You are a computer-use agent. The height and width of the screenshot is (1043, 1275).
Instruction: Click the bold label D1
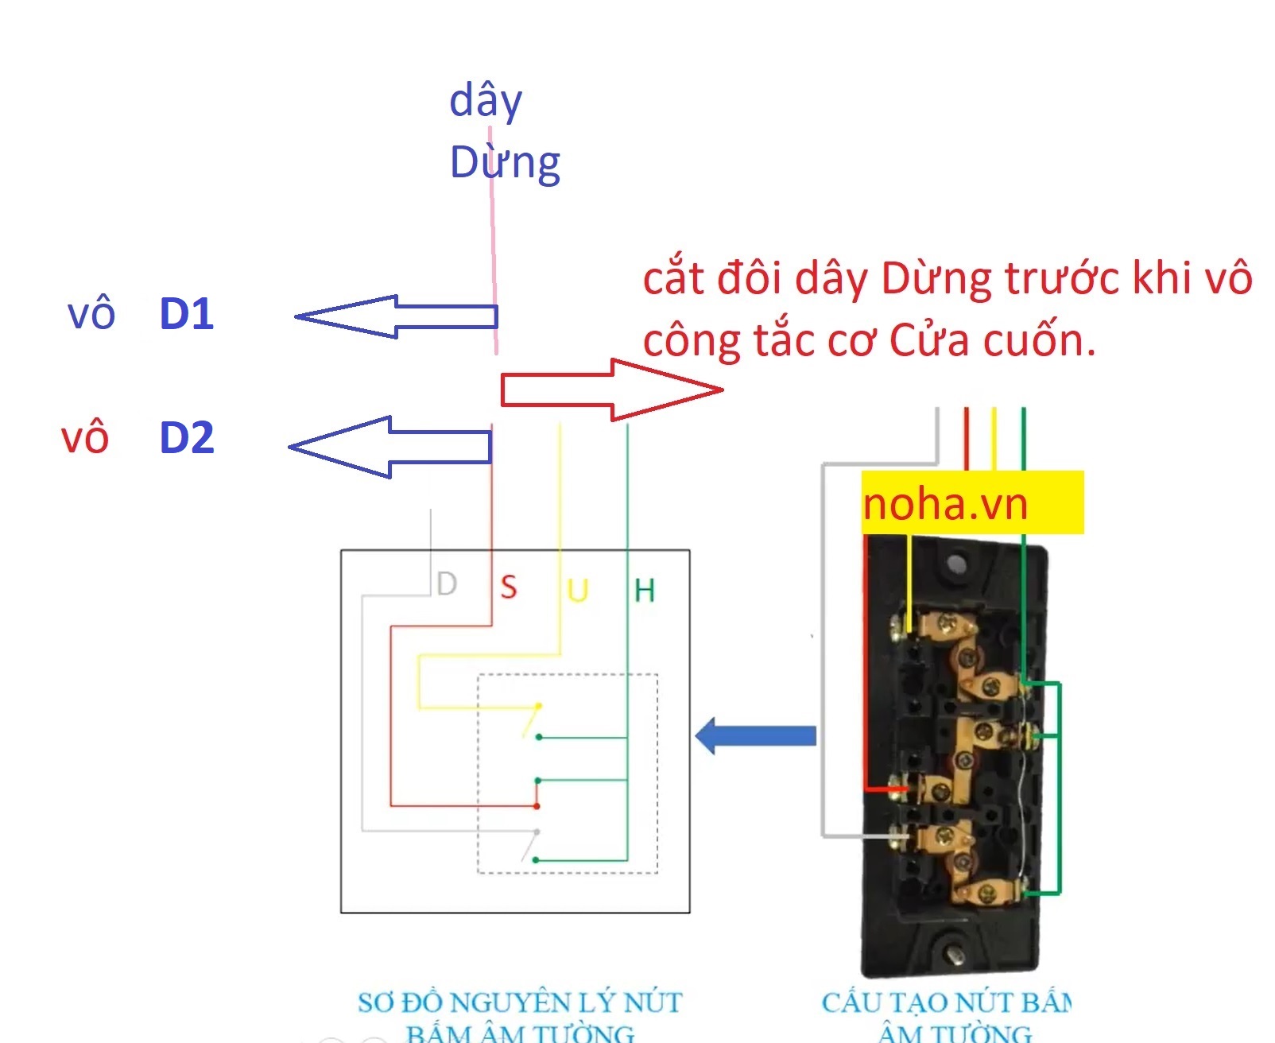(x=187, y=314)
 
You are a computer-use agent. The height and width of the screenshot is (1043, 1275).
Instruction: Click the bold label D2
(x=187, y=438)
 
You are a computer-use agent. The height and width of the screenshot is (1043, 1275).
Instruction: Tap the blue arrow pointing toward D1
(x=395, y=316)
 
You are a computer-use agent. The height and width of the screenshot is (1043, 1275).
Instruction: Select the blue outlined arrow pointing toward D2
(x=389, y=447)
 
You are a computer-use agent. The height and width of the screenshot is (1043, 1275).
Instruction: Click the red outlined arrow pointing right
(x=611, y=390)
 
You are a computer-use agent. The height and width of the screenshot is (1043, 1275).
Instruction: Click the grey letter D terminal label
(x=448, y=584)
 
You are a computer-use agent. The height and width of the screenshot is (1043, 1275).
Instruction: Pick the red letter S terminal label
(x=509, y=588)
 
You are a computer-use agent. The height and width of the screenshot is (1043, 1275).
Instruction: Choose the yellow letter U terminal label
(x=578, y=591)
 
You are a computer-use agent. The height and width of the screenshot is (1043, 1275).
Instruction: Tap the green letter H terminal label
(x=645, y=591)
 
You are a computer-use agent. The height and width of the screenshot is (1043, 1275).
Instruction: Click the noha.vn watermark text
(x=945, y=504)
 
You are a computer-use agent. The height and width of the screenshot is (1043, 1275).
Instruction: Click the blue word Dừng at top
(x=505, y=164)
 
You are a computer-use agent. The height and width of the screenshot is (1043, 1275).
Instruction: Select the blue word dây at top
(x=486, y=102)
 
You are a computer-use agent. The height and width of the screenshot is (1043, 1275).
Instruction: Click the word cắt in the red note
(x=674, y=279)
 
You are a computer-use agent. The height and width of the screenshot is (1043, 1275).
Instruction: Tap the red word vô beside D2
(x=84, y=438)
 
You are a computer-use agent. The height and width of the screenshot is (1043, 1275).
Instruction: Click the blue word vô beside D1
(x=91, y=314)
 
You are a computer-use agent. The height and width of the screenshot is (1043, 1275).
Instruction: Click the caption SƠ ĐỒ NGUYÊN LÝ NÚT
(x=520, y=1003)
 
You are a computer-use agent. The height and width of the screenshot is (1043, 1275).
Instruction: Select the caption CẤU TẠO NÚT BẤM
(x=946, y=1003)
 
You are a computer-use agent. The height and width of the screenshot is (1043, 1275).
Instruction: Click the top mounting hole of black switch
(x=956, y=565)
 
